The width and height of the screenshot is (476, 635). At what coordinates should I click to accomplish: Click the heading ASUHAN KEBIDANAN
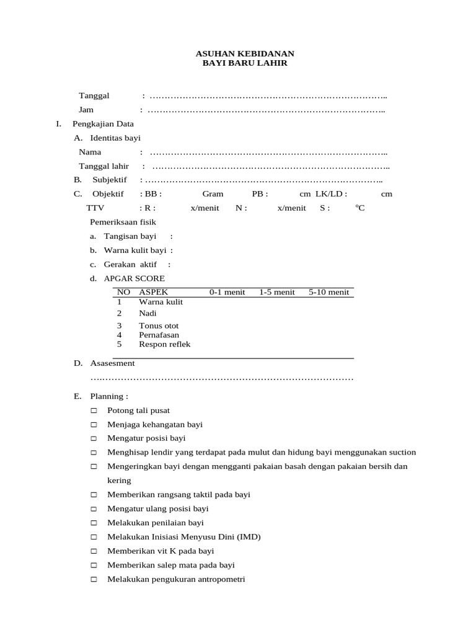click(x=245, y=54)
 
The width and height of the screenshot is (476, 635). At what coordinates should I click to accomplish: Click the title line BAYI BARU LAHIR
click(x=245, y=63)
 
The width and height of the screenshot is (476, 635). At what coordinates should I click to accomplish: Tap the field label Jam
click(x=86, y=110)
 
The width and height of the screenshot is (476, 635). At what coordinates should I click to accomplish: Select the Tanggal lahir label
click(x=104, y=166)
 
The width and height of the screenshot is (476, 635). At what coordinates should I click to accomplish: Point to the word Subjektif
click(x=110, y=180)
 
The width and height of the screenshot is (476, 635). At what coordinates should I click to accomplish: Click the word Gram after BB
click(x=213, y=194)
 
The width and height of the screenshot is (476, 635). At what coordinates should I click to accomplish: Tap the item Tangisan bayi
click(x=130, y=236)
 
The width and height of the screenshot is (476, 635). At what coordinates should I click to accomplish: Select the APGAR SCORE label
click(x=134, y=278)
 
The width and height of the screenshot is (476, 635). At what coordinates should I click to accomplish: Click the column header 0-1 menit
click(x=227, y=292)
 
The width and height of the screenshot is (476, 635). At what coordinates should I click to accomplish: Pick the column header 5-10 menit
click(x=329, y=292)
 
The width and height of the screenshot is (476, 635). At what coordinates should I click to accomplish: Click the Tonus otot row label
click(x=159, y=326)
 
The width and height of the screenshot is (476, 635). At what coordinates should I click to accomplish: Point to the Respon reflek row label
click(x=165, y=344)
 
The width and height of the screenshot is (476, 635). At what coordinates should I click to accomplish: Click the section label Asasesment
click(x=112, y=363)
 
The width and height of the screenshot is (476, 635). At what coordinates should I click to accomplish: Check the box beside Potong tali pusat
click(x=94, y=411)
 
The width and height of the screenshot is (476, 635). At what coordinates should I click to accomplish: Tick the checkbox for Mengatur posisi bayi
click(x=94, y=438)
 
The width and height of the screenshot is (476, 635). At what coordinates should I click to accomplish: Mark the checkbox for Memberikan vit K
click(x=94, y=551)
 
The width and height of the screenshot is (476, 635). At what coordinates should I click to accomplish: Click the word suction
click(x=401, y=452)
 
